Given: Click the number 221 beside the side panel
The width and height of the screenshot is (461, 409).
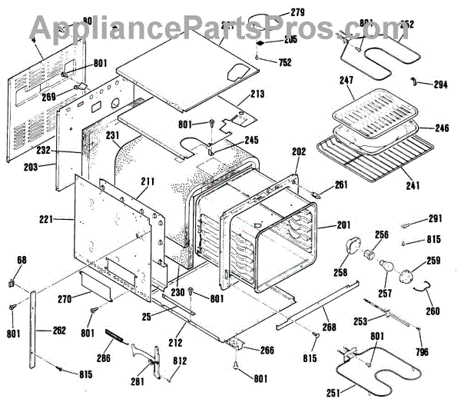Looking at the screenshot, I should click(46, 219).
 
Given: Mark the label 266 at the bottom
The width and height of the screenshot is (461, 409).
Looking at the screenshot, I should click(266, 350).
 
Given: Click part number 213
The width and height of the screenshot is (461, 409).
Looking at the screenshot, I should click(257, 95).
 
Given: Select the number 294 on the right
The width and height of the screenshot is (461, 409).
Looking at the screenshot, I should click(439, 85).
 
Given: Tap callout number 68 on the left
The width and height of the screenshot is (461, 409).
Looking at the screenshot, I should click(21, 261).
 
